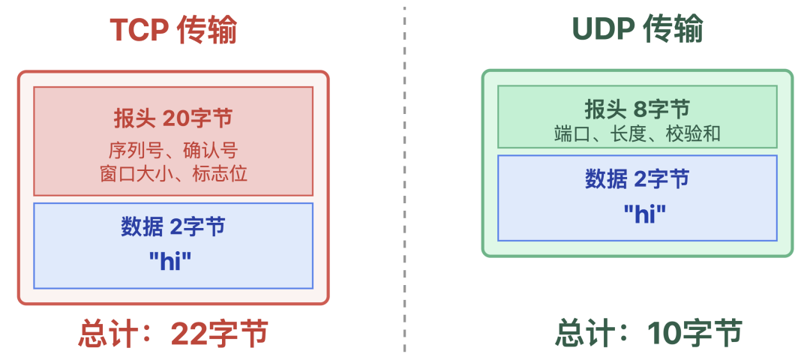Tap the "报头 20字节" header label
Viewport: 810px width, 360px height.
click(x=173, y=118)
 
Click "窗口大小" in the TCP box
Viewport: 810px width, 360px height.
click(x=133, y=174)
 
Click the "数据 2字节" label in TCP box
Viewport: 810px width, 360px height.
click(x=173, y=226)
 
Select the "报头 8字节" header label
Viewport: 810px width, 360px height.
click(x=637, y=109)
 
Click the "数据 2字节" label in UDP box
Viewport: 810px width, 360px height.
click(x=637, y=178)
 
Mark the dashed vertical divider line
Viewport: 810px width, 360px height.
click(x=405, y=180)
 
